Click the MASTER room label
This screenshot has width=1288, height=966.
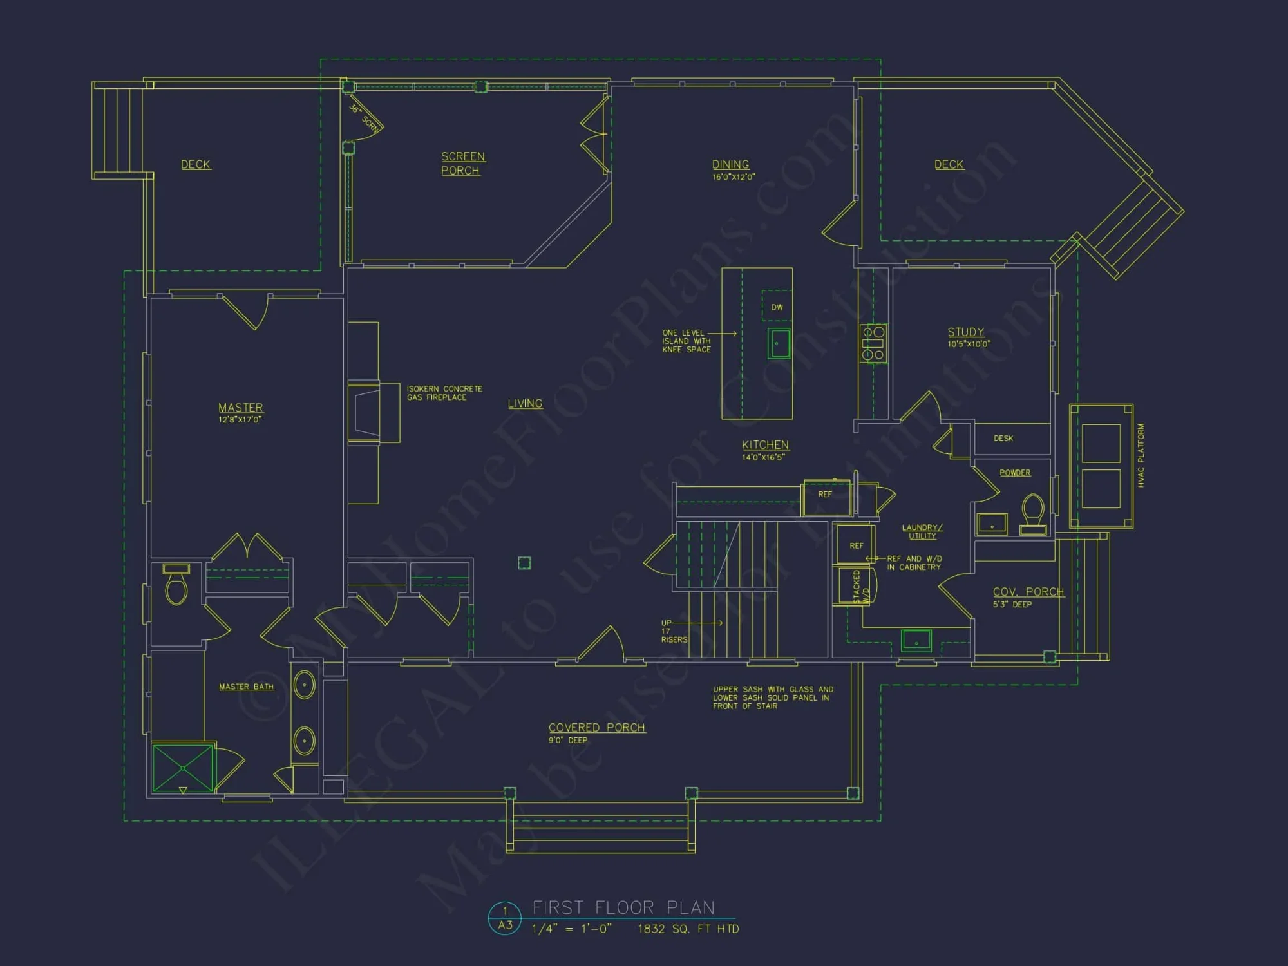(x=240, y=408)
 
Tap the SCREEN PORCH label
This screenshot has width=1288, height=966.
(x=462, y=164)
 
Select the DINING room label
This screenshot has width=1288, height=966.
(x=730, y=165)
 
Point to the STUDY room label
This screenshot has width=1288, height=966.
(x=965, y=332)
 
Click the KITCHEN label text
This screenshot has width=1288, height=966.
(x=765, y=445)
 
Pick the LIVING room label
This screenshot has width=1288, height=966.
(x=525, y=404)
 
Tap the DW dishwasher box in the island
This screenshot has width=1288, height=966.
(x=777, y=307)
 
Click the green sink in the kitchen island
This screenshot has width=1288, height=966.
(x=779, y=343)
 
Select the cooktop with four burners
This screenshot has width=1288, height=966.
(x=873, y=343)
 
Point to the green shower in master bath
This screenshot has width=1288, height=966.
(x=183, y=768)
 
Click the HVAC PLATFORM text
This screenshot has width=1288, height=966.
(x=1141, y=455)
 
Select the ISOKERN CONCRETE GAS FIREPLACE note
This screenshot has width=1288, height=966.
(x=444, y=393)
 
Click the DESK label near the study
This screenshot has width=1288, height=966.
(x=1003, y=439)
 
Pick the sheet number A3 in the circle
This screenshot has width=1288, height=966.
(x=505, y=925)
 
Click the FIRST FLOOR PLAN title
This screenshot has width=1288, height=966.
(x=623, y=908)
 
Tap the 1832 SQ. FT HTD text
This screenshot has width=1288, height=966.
(x=688, y=929)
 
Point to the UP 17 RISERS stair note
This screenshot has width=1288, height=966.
(x=674, y=631)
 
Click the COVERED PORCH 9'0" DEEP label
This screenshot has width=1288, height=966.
(x=596, y=732)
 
